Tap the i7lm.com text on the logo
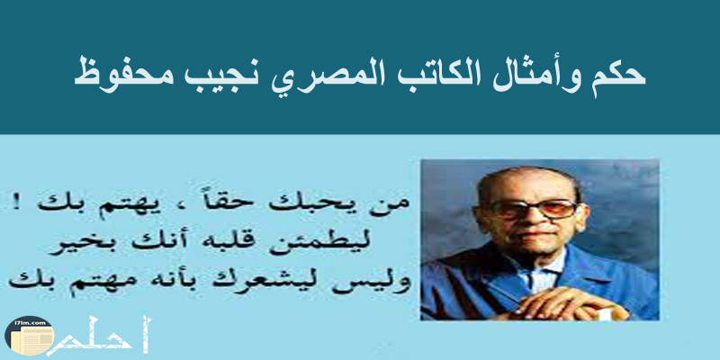coord(30,324)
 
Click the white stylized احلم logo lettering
coord(98,337)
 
